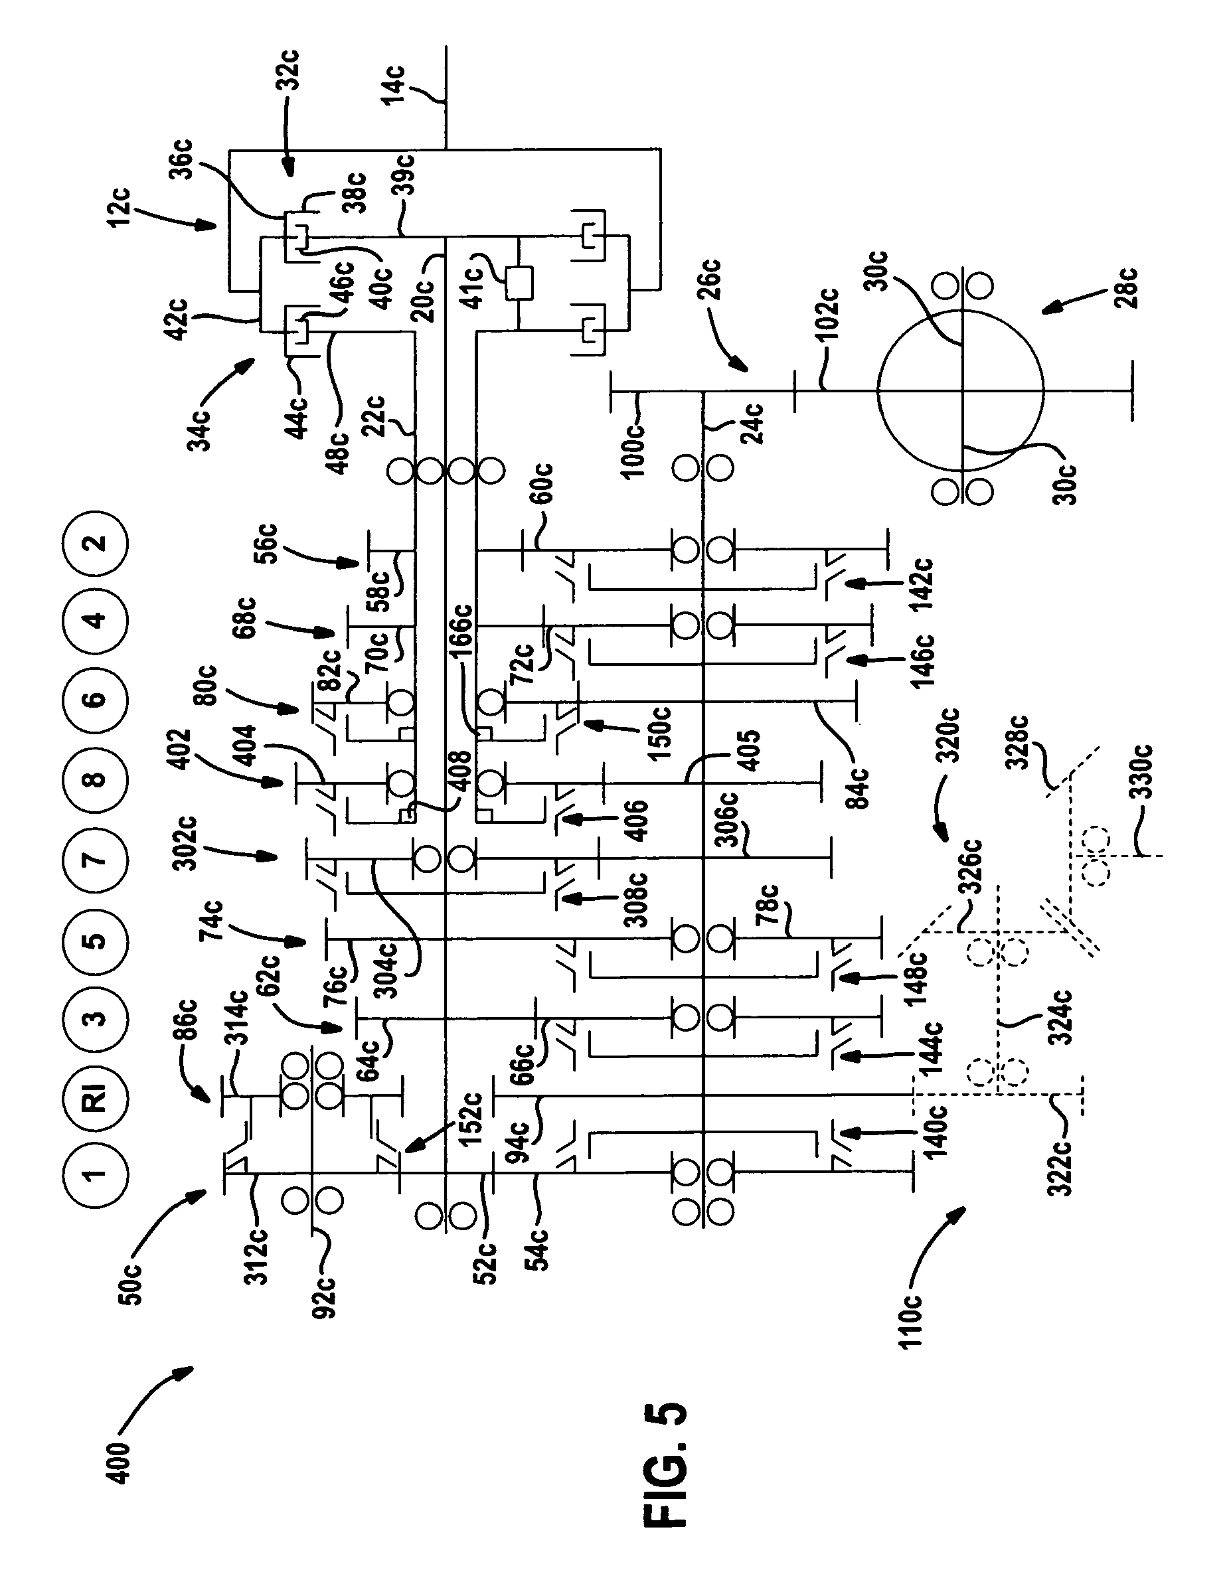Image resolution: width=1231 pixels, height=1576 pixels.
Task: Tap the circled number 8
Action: click(94, 780)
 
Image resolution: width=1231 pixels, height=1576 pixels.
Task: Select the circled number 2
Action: click(94, 542)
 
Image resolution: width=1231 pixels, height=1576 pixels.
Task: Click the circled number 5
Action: click(94, 940)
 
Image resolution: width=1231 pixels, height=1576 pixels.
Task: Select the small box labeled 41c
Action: click(519, 283)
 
